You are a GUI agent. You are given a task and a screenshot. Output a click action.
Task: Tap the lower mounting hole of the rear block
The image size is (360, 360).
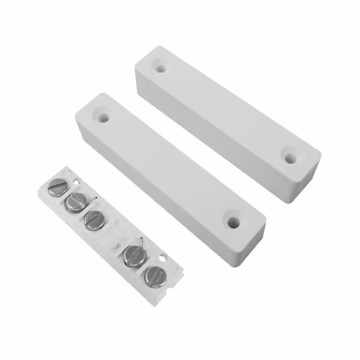tap(290, 159)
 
